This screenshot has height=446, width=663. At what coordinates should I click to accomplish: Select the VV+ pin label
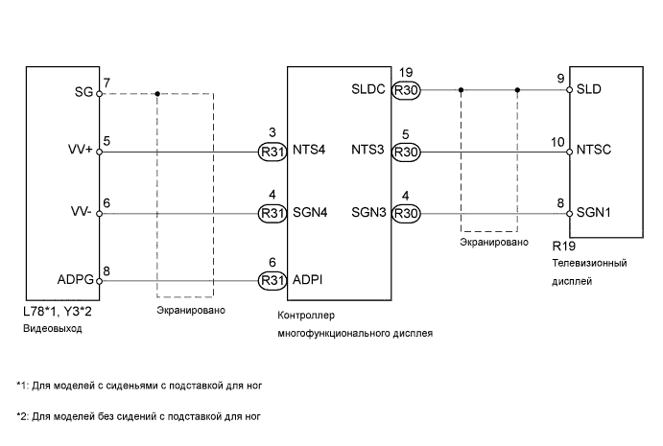click(80, 152)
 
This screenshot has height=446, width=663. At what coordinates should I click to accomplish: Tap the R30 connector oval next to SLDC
click(407, 91)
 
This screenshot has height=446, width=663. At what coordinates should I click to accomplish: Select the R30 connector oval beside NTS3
click(407, 152)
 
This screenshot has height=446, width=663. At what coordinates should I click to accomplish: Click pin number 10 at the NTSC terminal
click(557, 141)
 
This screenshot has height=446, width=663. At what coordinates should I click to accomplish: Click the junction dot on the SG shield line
click(156, 93)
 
